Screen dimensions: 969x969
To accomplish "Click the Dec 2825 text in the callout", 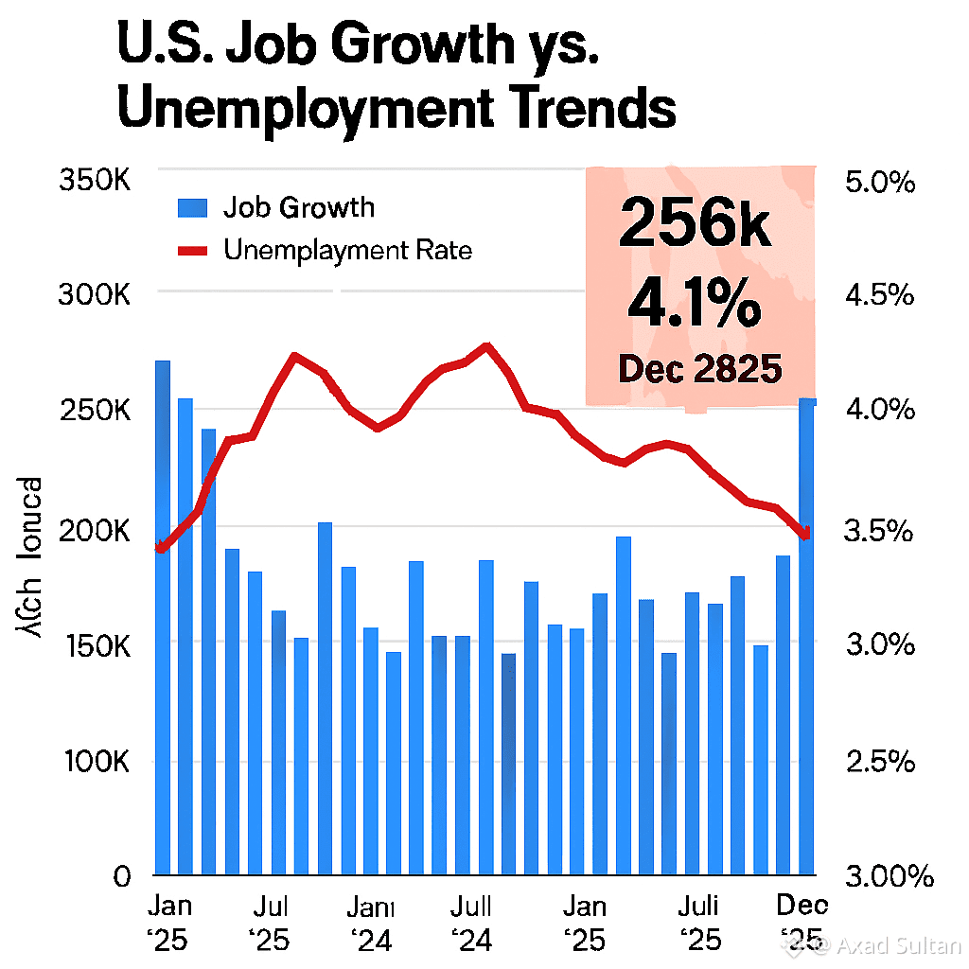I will point(700,369).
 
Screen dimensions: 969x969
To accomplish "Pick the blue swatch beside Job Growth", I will point(192,208).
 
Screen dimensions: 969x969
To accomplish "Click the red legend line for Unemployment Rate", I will point(192,251).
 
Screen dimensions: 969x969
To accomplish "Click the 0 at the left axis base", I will point(121,876).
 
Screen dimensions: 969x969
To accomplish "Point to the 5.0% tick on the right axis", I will point(879,182).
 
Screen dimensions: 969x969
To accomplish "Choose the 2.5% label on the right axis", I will point(879,763).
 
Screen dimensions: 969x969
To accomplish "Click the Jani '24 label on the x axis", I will point(369,923).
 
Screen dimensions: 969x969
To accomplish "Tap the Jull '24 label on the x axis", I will point(470,923).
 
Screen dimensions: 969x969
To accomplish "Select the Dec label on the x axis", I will point(802,906).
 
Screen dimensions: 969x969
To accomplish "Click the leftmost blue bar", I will point(162,615).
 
